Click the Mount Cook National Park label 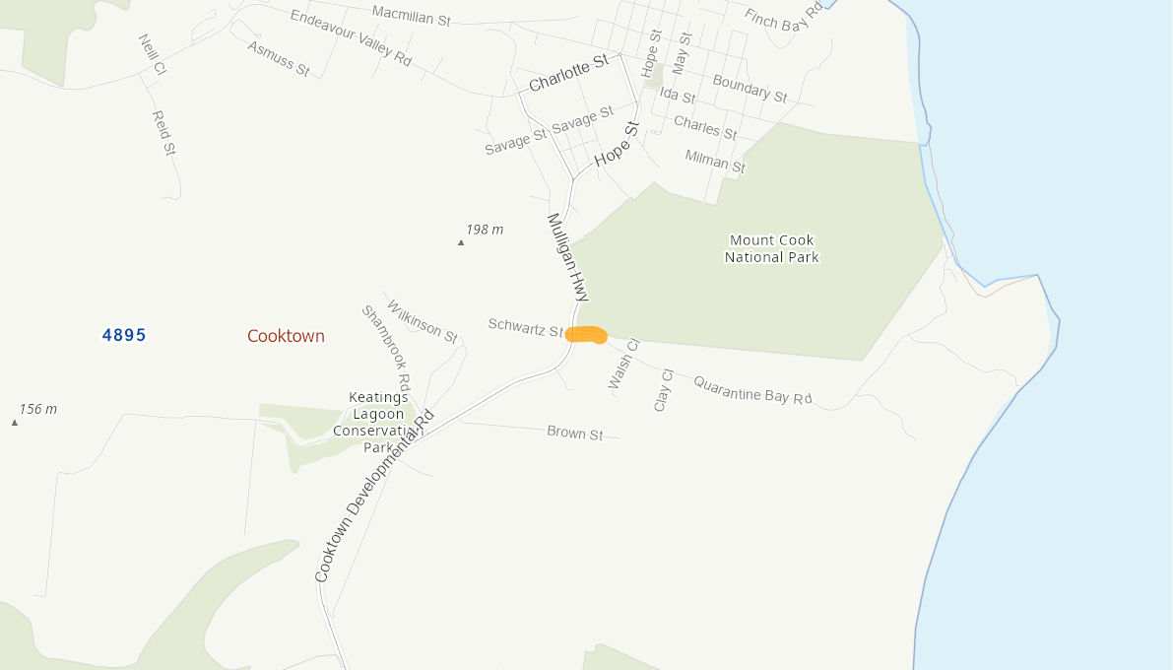(772, 248)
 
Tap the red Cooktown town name (286, 336)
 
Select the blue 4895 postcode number (124, 335)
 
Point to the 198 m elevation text (485, 230)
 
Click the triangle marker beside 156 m (15, 423)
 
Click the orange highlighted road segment (586, 335)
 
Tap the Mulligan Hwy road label (567, 257)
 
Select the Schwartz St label (525, 328)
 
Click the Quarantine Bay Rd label (752, 389)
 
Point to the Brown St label (574, 433)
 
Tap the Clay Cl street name (663, 390)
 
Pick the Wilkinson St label (423, 321)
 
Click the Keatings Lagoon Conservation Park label (378, 422)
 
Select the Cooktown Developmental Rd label (374, 495)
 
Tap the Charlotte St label (569, 74)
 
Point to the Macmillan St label (411, 14)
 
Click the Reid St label (163, 133)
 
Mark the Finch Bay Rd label (784, 19)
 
